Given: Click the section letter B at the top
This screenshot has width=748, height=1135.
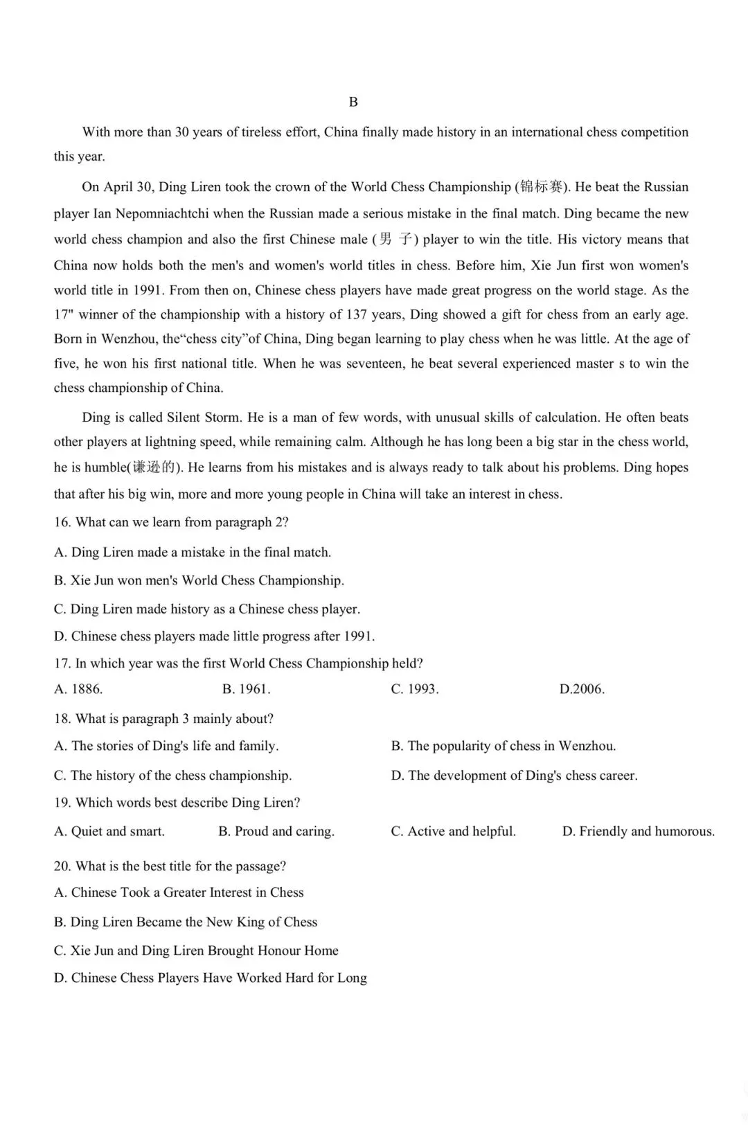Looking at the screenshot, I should [x=353, y=102].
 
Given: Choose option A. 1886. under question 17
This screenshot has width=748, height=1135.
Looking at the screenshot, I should [x=78, y=689].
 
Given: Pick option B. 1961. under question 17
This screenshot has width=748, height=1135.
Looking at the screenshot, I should [x=246, y=689].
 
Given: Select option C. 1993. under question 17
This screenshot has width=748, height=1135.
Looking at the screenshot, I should [x=415, y=689].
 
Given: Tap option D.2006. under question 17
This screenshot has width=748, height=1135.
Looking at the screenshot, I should [x=582, y=689].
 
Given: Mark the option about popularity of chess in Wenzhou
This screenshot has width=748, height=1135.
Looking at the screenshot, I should [x=504, y=746].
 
